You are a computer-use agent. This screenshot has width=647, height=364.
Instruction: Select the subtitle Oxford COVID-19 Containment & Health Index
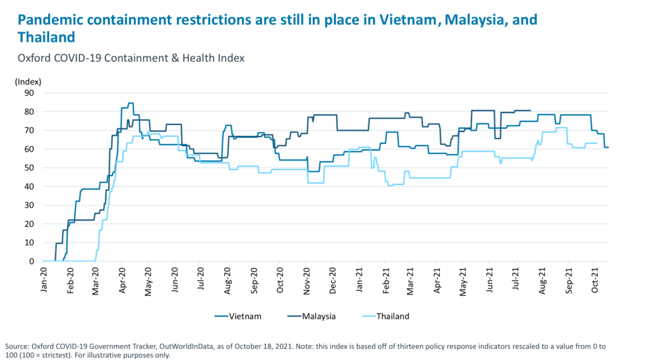131,58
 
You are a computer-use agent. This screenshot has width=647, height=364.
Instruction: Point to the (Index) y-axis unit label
28,81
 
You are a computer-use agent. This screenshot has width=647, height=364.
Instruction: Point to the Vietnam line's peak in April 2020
130,103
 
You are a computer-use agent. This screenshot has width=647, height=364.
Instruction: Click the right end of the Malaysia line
529,111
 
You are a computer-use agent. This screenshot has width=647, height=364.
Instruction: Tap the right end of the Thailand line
597,143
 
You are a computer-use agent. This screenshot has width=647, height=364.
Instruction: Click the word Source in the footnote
17,346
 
